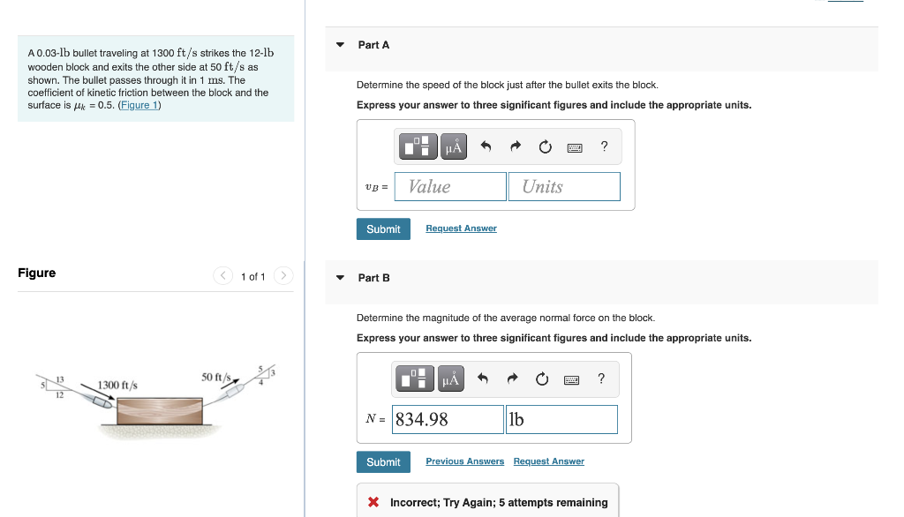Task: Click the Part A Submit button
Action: pos(383,229)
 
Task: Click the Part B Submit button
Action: pos(383,462)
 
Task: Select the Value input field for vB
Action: pos(450,186)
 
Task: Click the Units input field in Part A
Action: pos(564,186)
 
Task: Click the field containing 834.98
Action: pos(448,420)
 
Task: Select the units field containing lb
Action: pos(561,420)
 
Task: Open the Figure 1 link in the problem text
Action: pos(139,106)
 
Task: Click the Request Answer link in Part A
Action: pos(461,229)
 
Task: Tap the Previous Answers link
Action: pos(464,461)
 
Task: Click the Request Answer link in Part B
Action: pos(548,461)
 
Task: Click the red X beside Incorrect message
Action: pos(373,503)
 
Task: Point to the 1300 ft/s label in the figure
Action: pos(117,386)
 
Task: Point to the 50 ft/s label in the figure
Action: pos(215,377)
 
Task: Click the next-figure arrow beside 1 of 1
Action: pos(282,276)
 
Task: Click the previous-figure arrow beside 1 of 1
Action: pos(224,276)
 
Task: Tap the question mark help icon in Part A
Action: pos(604,147)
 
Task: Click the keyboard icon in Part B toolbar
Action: pos(571,380)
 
